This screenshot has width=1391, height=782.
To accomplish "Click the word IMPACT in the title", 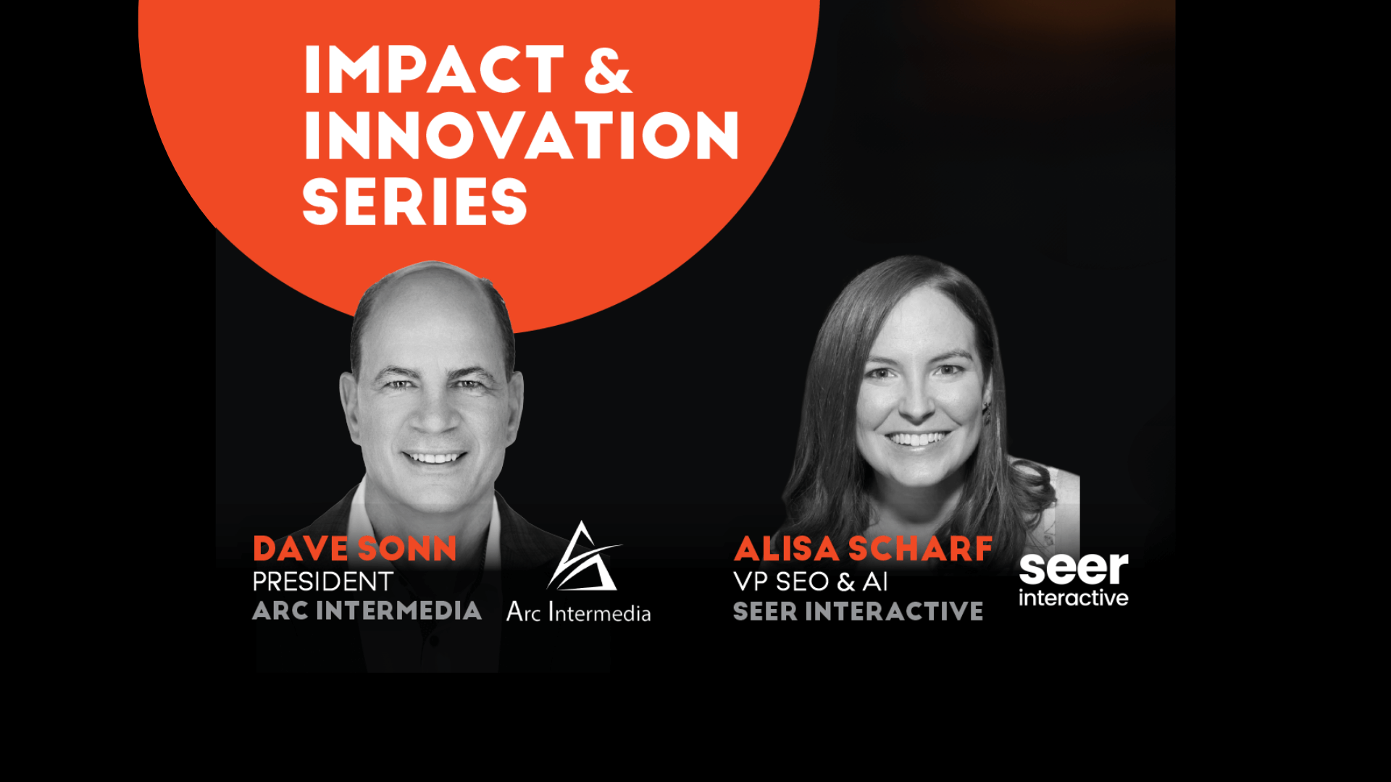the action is coord(434,70).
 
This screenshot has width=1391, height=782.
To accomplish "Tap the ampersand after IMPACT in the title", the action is coord(608,70).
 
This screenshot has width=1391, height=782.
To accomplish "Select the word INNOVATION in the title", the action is coord(521,135).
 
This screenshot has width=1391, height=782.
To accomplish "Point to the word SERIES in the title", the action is coord(414,201).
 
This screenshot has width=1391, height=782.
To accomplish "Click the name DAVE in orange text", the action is coord(301,549).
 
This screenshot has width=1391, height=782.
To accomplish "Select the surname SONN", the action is coord(407,549).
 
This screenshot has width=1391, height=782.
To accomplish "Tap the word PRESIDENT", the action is coord(322,581).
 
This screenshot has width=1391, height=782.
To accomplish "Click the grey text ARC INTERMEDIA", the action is coord(367,610).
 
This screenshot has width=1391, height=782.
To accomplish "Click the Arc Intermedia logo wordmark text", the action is coord(578,612).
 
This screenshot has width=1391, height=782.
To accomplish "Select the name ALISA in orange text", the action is coord(787,549).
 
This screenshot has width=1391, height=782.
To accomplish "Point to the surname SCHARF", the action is coord(920,549).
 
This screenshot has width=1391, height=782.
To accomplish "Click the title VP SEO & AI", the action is coord(810,581).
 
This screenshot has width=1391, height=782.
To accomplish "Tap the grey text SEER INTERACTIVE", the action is coord(858,611).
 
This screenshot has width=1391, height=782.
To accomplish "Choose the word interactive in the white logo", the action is coord(1074,598).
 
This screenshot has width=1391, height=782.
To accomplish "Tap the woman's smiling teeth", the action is coord(917,439).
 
